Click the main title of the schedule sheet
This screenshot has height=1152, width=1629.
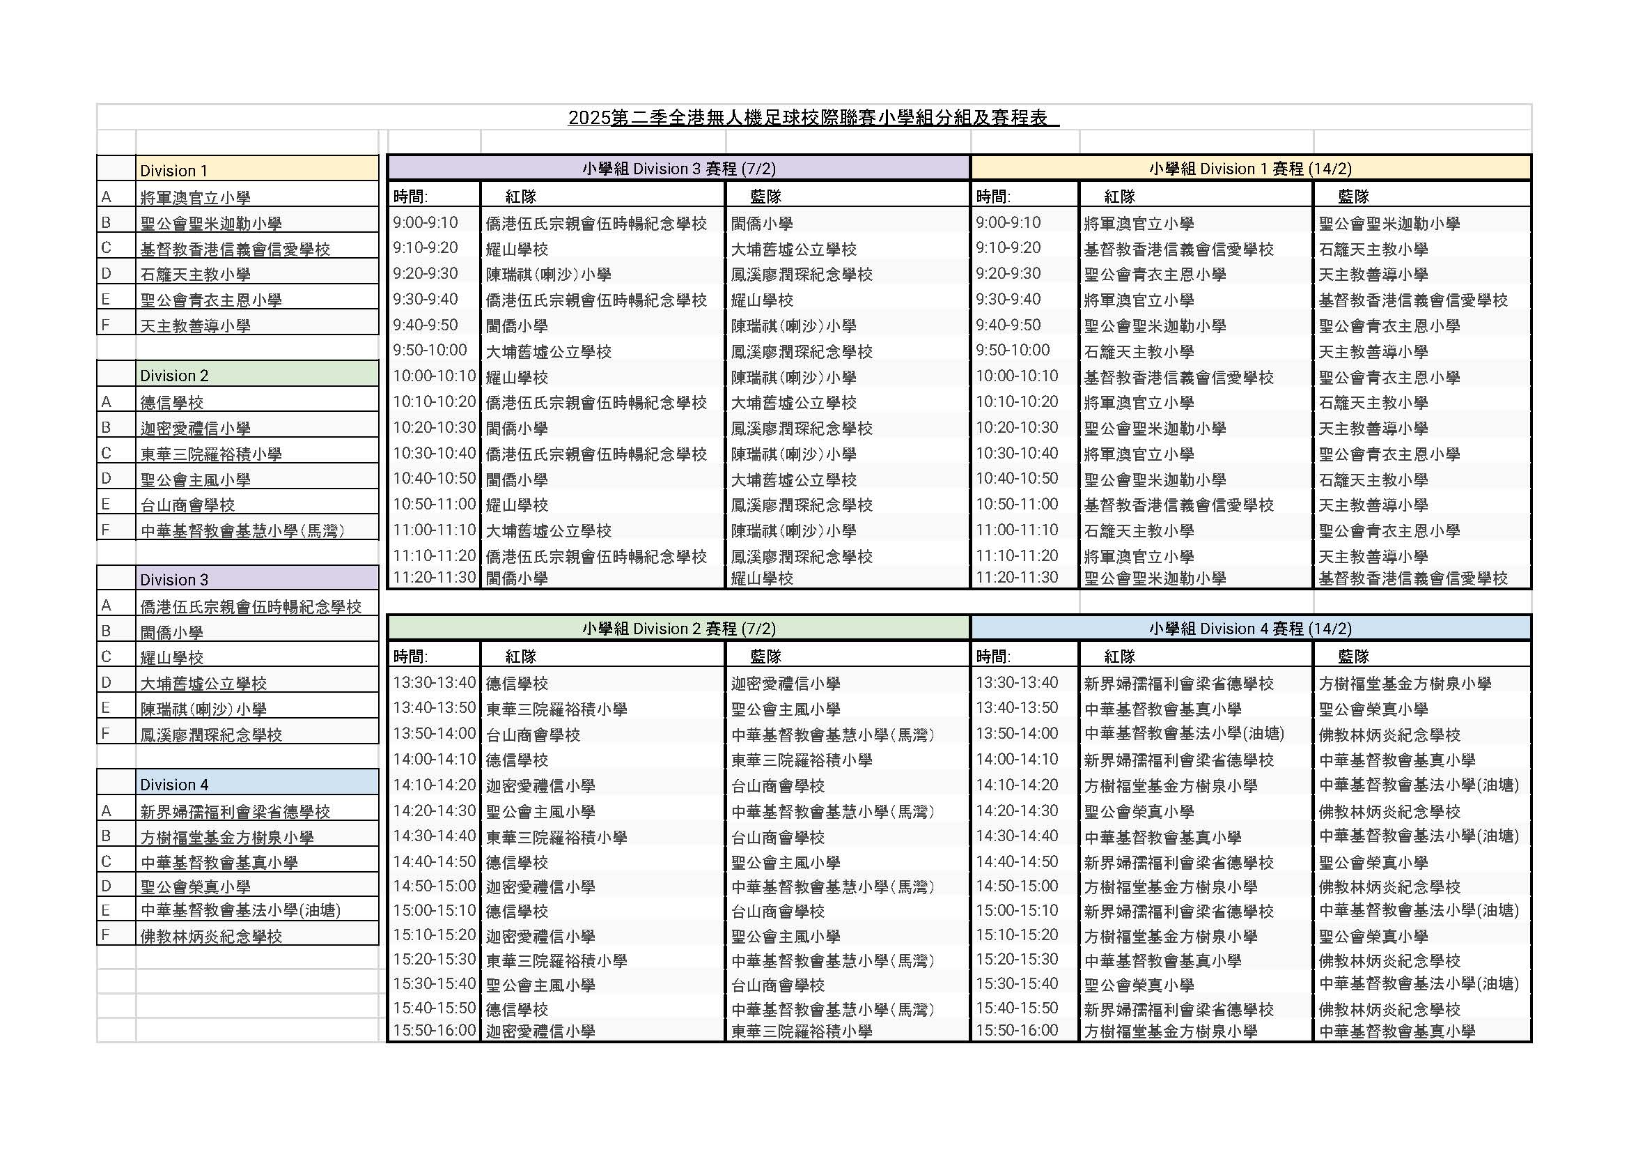pos(813,118)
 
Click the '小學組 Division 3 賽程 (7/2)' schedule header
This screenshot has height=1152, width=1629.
pos(678,168)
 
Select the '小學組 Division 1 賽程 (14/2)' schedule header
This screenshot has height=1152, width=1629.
pos(1250,168)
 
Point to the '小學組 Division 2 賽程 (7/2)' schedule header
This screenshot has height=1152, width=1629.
pos(678,628)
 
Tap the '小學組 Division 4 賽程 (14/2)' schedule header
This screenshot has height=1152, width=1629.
pos(1250,628)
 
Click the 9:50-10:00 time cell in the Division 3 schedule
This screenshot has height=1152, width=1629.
pos(430,350)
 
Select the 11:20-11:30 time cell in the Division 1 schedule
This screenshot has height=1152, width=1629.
pos(1016,577)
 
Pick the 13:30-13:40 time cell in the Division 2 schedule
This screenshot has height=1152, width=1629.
pos(433,682)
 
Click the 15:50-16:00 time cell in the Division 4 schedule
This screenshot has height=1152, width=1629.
pos(1016,1030)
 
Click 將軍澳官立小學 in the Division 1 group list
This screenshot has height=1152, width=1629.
pos(195,197)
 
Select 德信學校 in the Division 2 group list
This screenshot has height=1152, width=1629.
pos(172,402)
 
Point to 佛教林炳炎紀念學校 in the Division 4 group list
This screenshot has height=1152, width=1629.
pos(211,935)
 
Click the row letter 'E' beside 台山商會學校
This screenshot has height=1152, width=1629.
pos(106,504)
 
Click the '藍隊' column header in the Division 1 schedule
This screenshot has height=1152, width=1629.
pos(1353,196)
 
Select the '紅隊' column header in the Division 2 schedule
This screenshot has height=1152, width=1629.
pos(521,656)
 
